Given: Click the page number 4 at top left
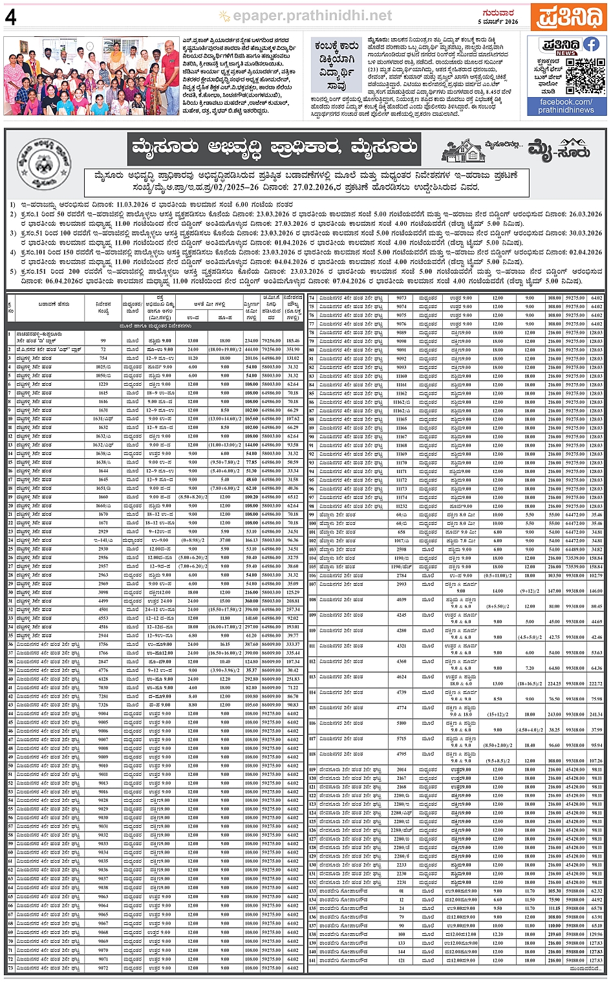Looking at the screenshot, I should click(x=10, y=17).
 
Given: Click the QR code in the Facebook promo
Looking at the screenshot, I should click(x=585, y=76).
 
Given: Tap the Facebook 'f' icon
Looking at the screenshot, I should click(x=591, y=44).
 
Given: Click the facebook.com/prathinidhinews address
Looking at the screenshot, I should click(x=566, y=106).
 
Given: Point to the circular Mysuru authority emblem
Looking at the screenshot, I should click(x=43, y=163).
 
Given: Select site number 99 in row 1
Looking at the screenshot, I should click(x=103, y=340).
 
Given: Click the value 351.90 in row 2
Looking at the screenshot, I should click(x=293, y=349).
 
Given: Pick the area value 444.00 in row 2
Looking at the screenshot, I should click(x=251, y=349).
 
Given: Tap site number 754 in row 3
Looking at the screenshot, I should click(x=103, y=358).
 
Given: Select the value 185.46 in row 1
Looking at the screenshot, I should click(x=293, y=340).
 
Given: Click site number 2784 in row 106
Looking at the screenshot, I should click(x=402, y=575).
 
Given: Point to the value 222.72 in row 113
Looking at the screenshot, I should click(x=595, y=683).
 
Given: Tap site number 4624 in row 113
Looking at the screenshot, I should click(x=402, y=677).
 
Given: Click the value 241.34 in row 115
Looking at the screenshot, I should click(x=595, y=714).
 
